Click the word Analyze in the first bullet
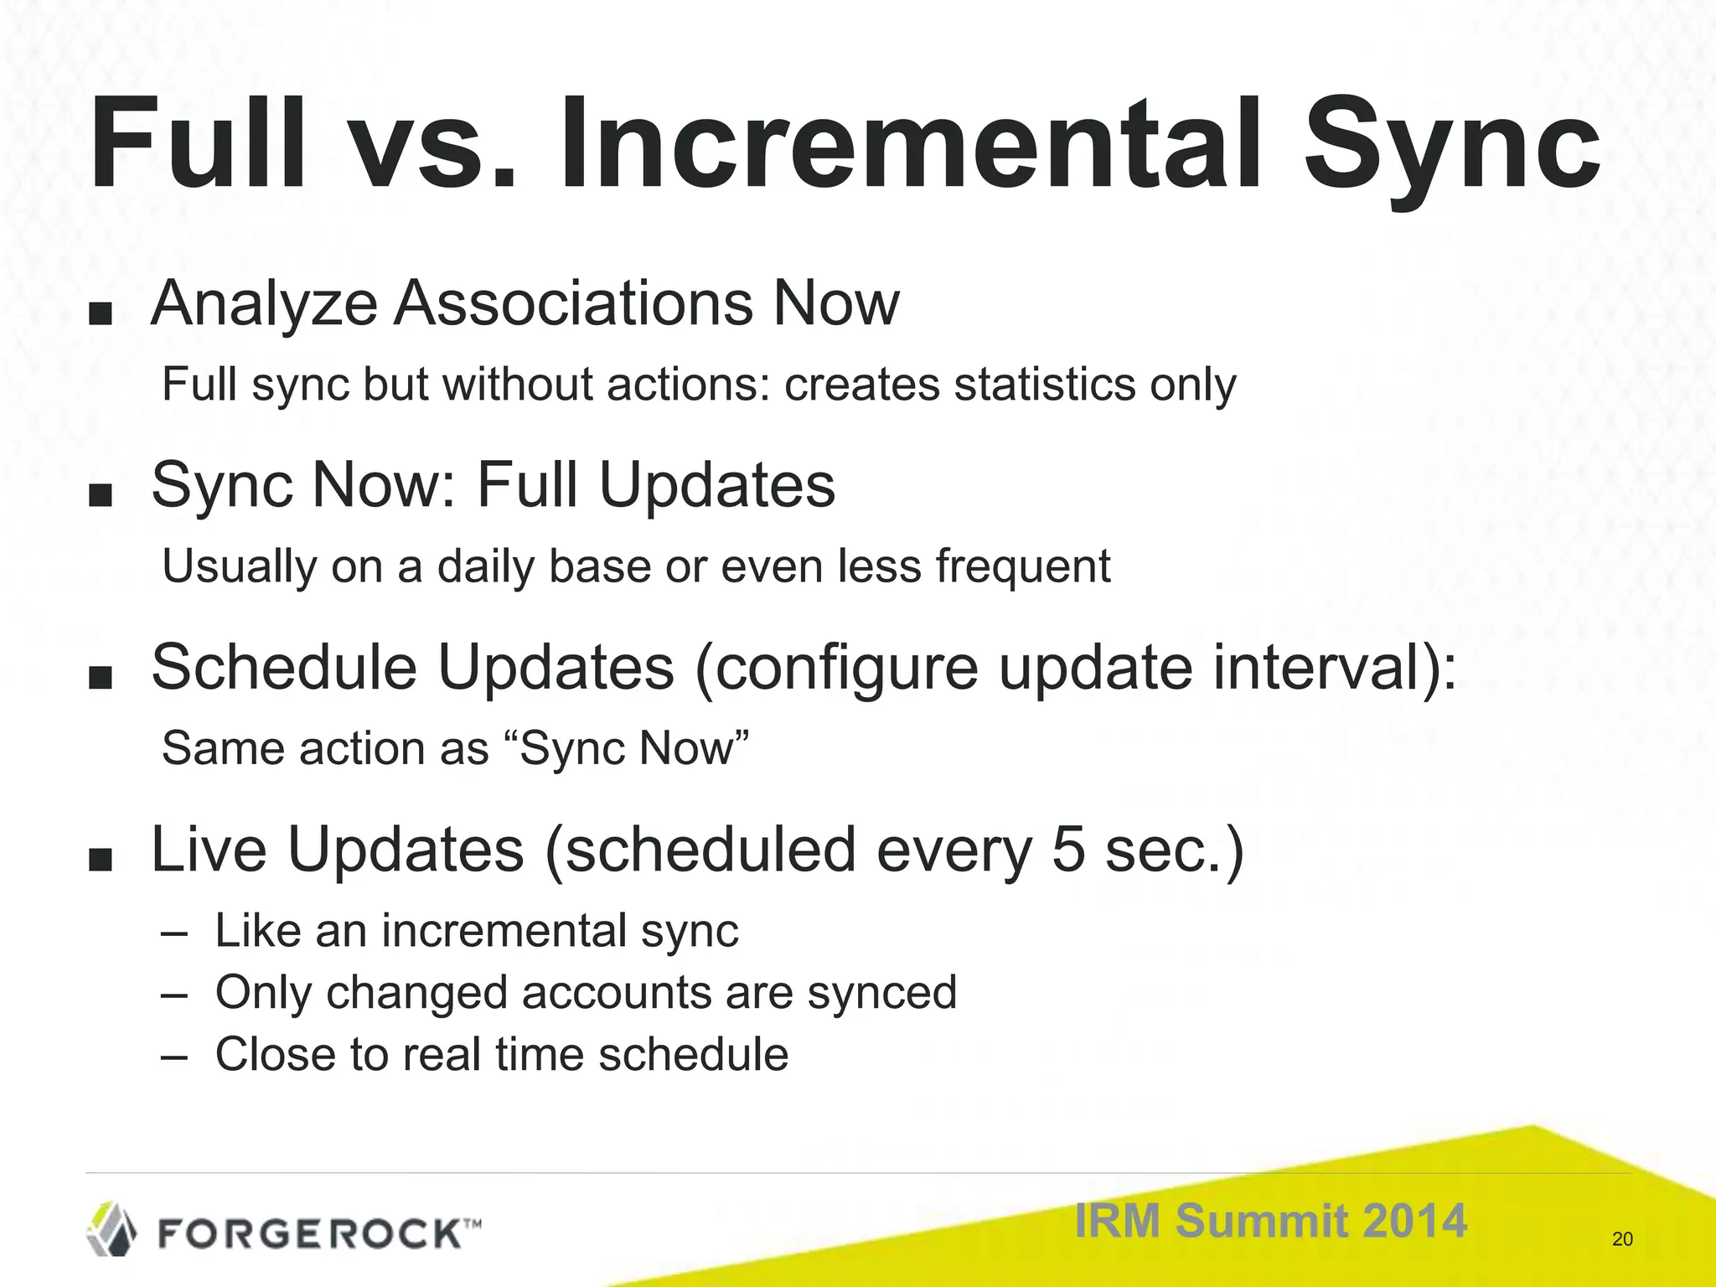coord(264,303)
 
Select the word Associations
coord(574,303)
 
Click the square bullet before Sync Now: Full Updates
coord(100,494)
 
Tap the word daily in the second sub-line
coord(485,566)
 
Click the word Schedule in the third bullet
coord(283,667)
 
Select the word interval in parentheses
coord(1315,667)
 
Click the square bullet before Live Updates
coord(100,859)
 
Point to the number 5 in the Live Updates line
coord(1067,850)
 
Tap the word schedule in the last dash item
coord(694,1055)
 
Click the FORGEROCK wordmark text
coord(310,1234)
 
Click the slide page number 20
coord(1622,1239)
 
